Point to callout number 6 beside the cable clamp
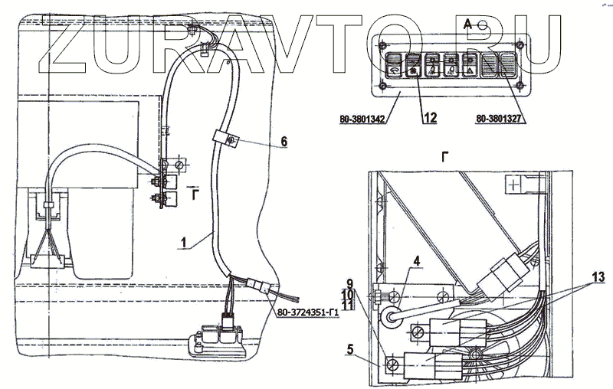(x=284, y=142)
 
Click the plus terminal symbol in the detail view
(x=513, y=184)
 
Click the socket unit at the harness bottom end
(x=218, y=337)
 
